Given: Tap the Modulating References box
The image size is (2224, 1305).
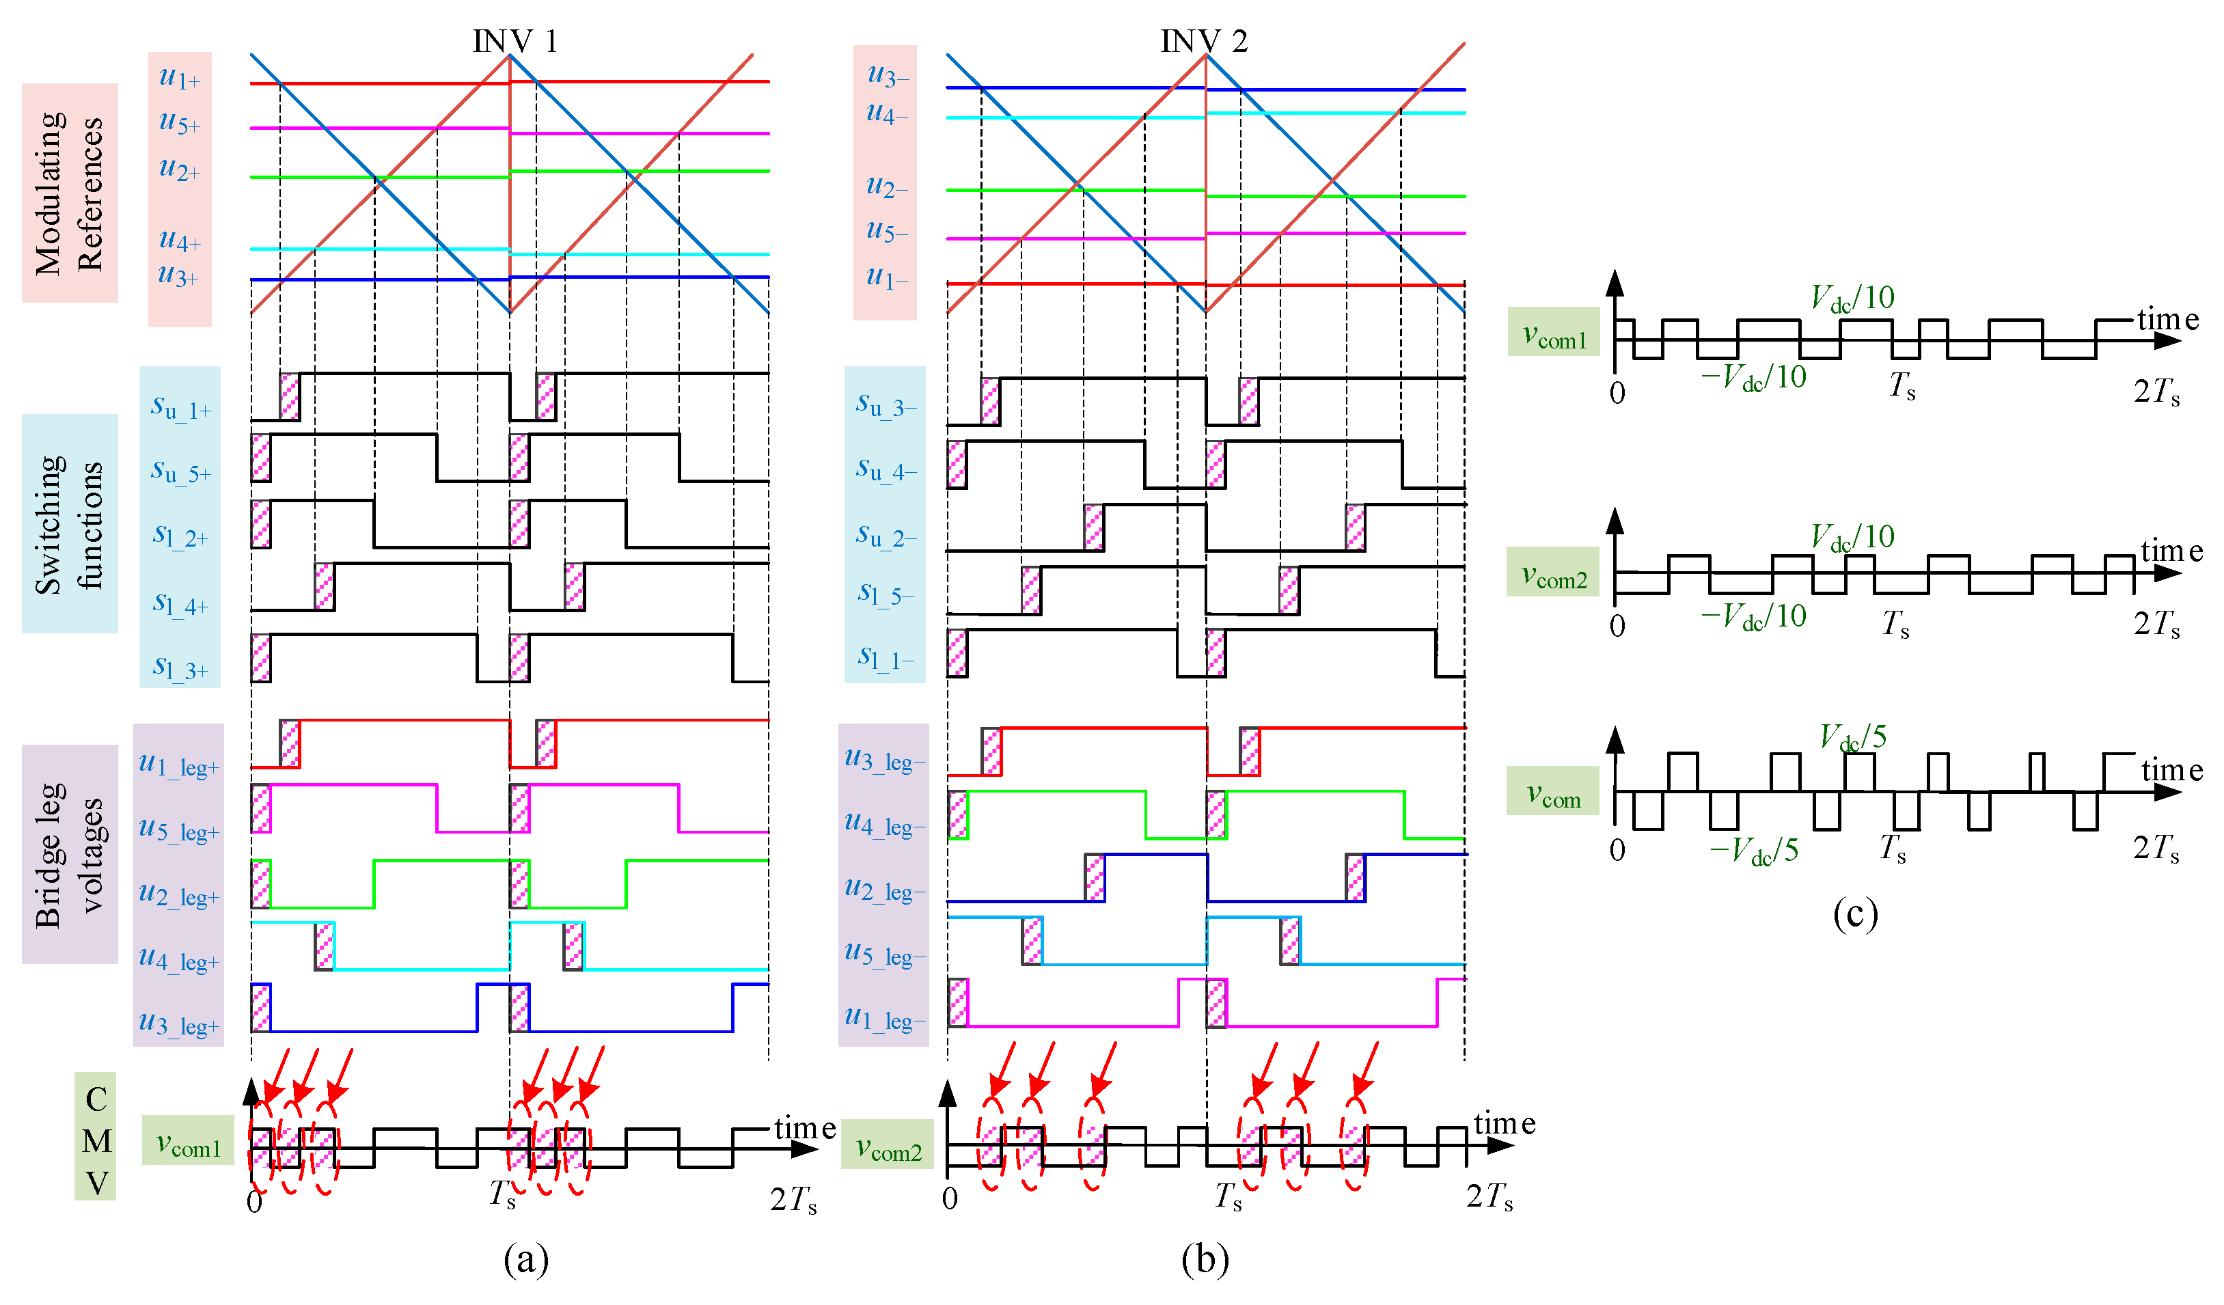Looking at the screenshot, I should [70, 193].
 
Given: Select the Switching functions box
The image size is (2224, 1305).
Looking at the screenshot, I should [70, 523].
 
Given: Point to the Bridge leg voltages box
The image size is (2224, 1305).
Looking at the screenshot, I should [70, 854].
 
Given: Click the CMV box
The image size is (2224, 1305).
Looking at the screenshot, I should [96, 1140].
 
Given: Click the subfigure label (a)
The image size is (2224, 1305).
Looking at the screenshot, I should [526, 1260].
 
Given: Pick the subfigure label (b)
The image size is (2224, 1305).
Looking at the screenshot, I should [1205, 1260].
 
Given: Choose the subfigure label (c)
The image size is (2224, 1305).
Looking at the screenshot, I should [1855, 914].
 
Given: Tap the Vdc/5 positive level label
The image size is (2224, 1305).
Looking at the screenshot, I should [1852, 737].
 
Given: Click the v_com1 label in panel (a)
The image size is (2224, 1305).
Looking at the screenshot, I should [188, 1144].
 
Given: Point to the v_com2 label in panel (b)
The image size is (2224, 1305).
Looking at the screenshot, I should [888, 1148].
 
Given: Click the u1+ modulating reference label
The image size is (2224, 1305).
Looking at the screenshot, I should [179, 78].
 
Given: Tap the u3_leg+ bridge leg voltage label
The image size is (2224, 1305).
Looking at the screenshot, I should [178, 1024].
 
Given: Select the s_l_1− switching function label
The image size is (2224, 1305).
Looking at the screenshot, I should [886, 657].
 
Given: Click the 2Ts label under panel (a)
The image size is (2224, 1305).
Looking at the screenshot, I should [793, 1200].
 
